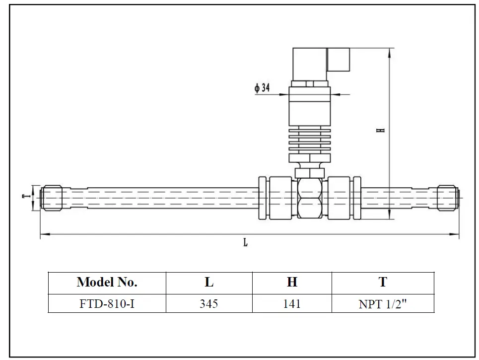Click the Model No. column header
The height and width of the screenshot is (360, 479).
(107, 283)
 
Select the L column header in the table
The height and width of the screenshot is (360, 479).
(209, 283)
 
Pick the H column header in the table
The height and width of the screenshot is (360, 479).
(292, 283)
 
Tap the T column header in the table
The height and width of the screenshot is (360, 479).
(383, 283)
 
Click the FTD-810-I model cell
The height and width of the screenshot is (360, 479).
(107, 303)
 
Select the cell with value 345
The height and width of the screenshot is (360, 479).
(209, 303)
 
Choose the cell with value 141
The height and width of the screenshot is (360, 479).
(292, 303)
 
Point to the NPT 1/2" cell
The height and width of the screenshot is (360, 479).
(383, 304)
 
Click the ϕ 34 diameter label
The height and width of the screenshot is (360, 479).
(262, 88)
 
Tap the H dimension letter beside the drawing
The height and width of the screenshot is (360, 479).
(381, 130)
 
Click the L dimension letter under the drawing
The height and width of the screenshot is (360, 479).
(245, 243)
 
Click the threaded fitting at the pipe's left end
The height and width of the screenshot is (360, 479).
(51, 198)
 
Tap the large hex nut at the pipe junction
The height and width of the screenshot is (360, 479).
(310, 198)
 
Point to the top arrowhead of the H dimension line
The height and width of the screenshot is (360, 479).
(389, 50)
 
